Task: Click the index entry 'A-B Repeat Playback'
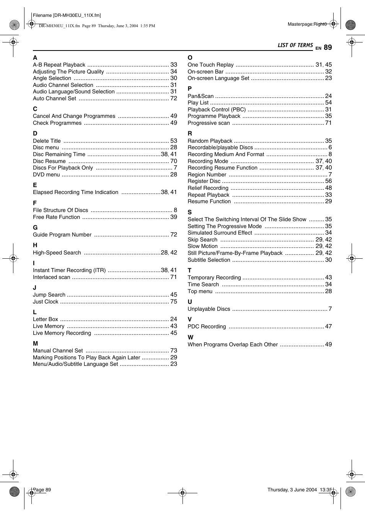coord(59,65)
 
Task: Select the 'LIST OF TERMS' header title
coord(295,46)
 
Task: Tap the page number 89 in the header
coord(328,47)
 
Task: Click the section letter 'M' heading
coord(35,344)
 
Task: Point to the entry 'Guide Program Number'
coord(62,235)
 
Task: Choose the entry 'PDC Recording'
coord(207,326)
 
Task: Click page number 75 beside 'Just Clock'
coord(174,302)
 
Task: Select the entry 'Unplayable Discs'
coord(209,309)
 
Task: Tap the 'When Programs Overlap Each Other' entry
coord(233,344)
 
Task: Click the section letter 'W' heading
coord(191,338)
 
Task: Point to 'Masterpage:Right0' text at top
coord(307,24)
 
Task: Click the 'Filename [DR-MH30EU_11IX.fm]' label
coord(67,15)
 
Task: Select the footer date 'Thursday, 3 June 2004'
coord(292,490)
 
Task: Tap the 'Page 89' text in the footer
coord(42,490)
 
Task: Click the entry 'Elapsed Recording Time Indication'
coord(75,192)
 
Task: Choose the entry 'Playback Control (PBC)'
coord(217,109)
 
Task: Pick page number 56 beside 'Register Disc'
coord(328,181)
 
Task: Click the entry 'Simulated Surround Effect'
coord(220,233)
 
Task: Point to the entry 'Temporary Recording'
coord(214,277)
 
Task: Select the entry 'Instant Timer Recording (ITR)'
coord(69,270)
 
